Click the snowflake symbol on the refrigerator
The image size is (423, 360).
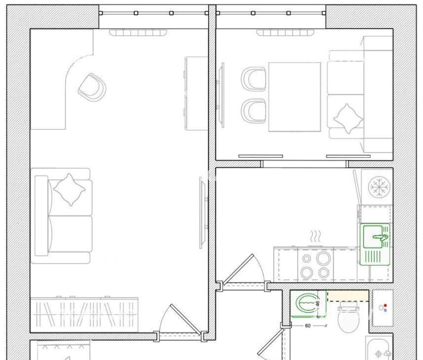tap(379, 186)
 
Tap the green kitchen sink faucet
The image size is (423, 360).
tap(381, 237)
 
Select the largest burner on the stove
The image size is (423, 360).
tap(323, 258)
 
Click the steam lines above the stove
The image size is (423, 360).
tap(315, 236)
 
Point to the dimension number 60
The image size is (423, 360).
tap(308, 326)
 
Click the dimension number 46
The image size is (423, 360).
tap(318, 303)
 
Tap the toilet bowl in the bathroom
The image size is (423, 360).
tap(348, 321)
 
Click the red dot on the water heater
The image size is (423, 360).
tap(385, 305)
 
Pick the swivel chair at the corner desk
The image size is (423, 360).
tap(92, 87)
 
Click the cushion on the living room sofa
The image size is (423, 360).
tap(69, 190)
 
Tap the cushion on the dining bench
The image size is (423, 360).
tap(348, 118)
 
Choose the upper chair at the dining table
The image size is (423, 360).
tap(254, 79)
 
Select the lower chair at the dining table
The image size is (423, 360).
tap(254, 111)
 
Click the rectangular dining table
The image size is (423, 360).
tap(295, 97)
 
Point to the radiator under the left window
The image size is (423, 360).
tap(138, 33)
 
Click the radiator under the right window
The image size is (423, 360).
tap(285, 33)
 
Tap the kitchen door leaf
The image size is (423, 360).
tap(238, 269)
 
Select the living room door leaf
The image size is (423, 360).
tap(186, 320)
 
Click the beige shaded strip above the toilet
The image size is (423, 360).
tap(348, 295)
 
